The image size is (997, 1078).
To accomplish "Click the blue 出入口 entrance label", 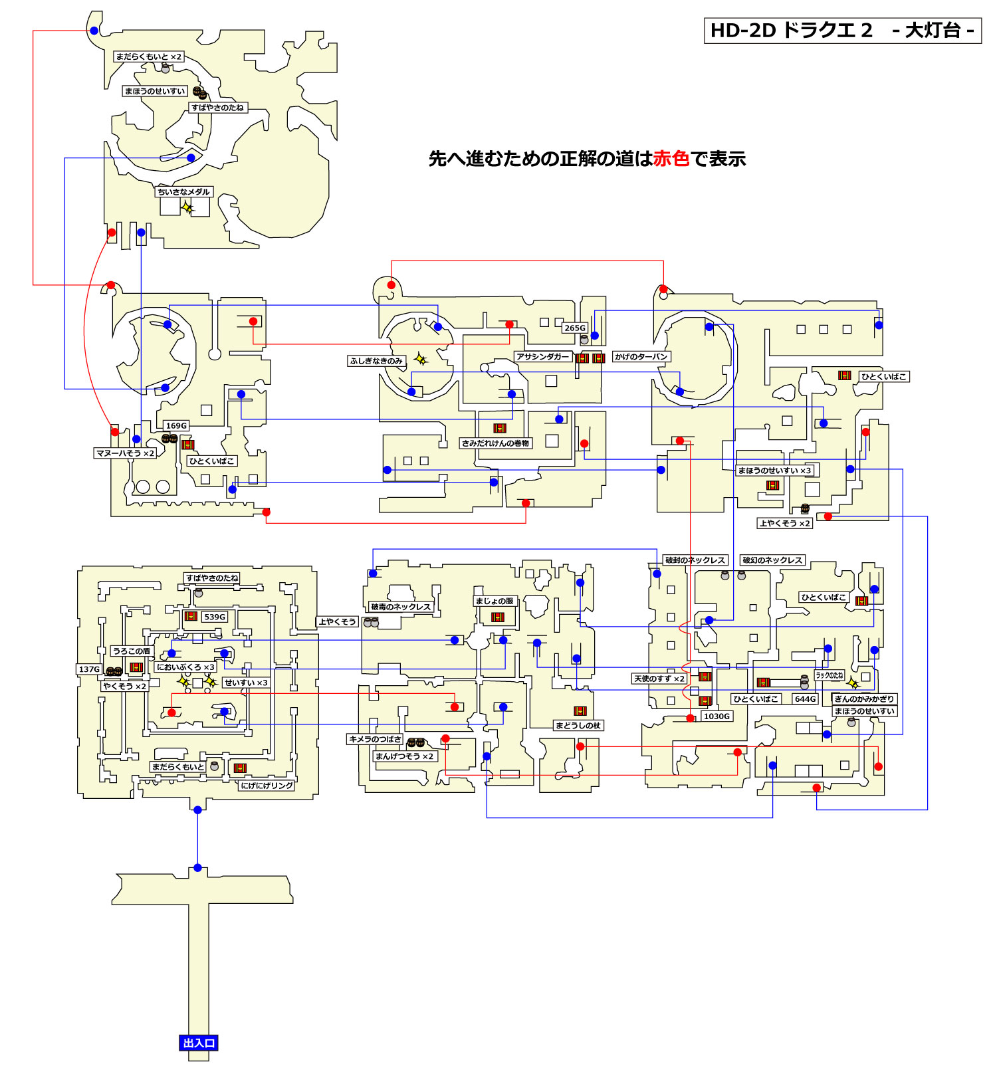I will coord(199,1043).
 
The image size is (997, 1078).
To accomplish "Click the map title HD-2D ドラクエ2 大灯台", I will coord(842,31).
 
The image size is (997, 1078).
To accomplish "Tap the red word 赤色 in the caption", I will coord(671,159).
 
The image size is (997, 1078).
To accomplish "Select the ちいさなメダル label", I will coord(183,191).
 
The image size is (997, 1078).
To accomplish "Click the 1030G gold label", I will coord(717,716).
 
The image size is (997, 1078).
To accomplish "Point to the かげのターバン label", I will coord(641,356).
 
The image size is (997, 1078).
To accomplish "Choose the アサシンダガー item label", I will coord(542,356).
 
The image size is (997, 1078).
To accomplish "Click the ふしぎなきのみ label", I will coord(376,361).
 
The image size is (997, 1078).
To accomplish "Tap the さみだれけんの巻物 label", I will coord(495,443).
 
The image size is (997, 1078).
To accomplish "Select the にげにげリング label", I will coord(267,785).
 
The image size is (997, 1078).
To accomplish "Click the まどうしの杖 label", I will coord(578,725).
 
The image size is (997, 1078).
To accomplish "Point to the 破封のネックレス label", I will coord(695,560).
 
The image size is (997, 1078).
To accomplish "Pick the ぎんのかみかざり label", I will coord(864,699).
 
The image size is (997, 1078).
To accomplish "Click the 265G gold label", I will coord(575,328).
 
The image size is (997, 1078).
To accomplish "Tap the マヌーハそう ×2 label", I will coord(125,453).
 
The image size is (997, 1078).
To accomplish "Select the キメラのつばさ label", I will coord(375,738).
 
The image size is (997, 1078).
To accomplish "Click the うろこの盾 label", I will coord(132,651).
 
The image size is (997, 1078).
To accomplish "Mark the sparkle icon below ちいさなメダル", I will coord(188,207).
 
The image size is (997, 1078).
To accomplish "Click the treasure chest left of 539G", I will coord(190,616).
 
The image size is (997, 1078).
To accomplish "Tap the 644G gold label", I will coord(805,699).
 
